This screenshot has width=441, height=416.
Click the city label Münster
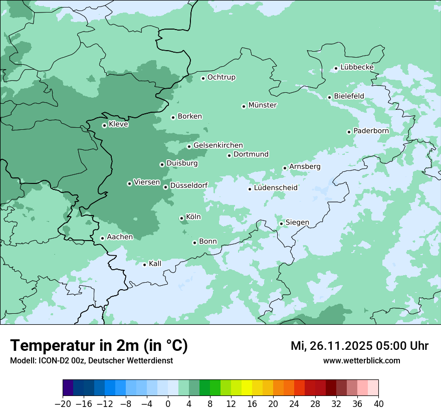tap(263, 105)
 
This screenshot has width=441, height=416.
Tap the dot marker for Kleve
tap(104, 125)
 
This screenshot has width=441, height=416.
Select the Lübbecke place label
tap(357, 67)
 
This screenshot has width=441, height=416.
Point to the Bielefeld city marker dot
tap(329, 97)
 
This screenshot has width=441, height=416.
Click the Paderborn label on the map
tap(371, 131)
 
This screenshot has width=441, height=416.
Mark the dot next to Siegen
tap(281, 224)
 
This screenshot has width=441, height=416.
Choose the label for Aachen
tap(120, 237)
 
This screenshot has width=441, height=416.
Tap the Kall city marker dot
tap(144, 265)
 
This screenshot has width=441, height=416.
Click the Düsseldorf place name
tap(189, 185)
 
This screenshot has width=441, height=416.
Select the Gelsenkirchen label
tap(218, 145)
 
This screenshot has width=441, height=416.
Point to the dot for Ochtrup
tap(203, 78)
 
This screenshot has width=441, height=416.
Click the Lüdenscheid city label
tap(276, 188)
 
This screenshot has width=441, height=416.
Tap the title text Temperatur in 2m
tap(99, 346)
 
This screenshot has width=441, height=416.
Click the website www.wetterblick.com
tap(361, 360)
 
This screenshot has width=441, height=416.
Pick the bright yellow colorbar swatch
tap(247, 388)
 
